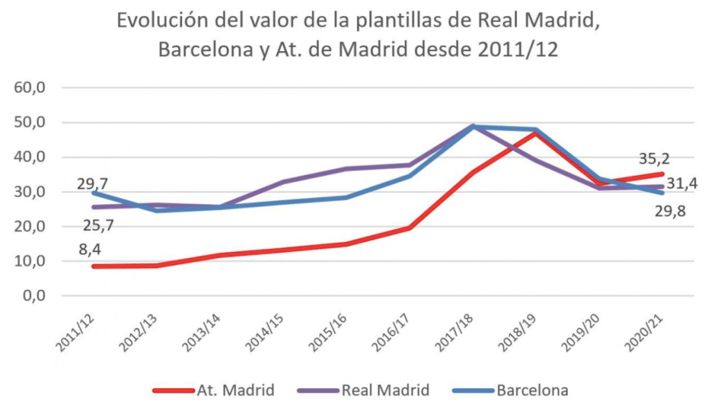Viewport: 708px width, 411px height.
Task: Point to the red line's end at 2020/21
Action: (663, 174)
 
